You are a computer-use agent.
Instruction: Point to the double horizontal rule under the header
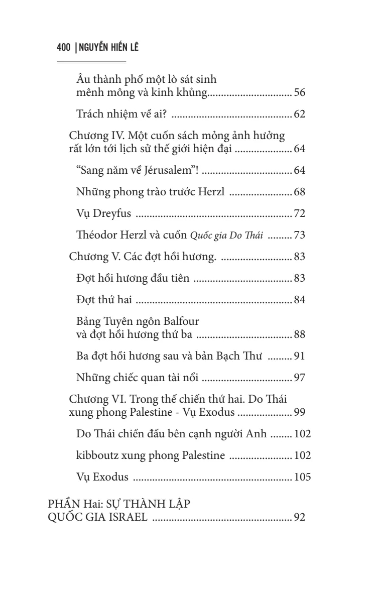pyautogui.click(x=91, y=62)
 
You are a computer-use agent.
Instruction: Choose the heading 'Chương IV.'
pyautogui.click(x=93, y=137)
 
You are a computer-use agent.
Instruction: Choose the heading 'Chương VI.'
pyautogui.click(x=93, y=400)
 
